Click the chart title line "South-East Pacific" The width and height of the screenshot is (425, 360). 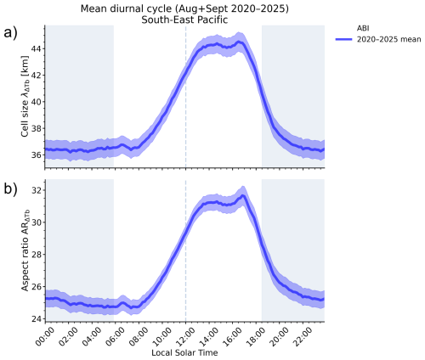[x=184, y=20]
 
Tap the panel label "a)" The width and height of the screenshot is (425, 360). [x=10, y=33]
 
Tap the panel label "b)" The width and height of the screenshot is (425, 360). [x=10, y=188]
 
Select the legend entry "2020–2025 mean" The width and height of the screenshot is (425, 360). [x=388, y=39]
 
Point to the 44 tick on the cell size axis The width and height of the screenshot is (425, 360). [x=36, y=48]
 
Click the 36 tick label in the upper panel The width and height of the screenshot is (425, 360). [x=36, y=155]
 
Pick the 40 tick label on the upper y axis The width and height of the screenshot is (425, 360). [x=36, y=102]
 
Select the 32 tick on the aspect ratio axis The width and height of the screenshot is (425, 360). [x=36, y=190]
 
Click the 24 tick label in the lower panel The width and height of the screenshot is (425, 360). [x=36, y=319]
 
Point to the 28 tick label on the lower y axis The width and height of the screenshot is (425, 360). [x=36, y=255]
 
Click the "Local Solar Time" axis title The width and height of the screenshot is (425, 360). [x=184, y=353]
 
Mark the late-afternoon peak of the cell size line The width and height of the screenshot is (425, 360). [x=240, y=42]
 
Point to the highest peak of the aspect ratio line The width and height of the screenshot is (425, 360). [x=242, y=195]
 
